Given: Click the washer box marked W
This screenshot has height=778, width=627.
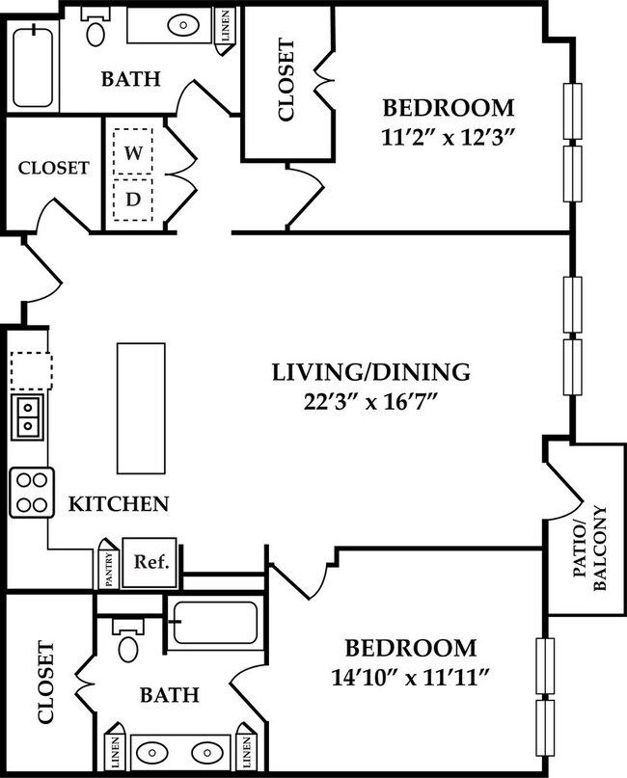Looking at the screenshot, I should [132, 153].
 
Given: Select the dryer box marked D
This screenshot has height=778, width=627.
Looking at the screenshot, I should [132, 201].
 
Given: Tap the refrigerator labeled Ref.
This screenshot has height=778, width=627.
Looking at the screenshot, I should [151, 562].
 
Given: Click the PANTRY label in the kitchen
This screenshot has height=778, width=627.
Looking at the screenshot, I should [107, 568].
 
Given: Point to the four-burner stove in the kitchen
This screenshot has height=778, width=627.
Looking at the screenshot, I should [32, 492].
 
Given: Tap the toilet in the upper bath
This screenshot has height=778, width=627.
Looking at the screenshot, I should [95, 29].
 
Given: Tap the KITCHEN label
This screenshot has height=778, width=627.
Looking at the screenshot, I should [119, 503].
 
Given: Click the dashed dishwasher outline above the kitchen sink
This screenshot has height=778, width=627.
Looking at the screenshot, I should [31, 368].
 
